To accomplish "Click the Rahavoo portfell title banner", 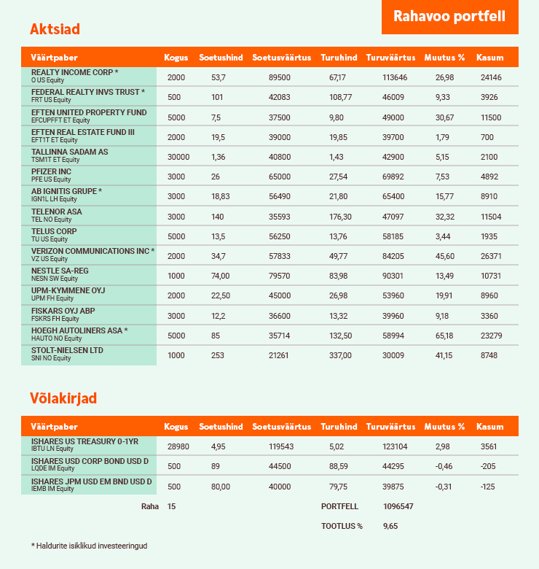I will point(449,16).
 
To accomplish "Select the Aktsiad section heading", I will point(55,29).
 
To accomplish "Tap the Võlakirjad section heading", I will point(63,398).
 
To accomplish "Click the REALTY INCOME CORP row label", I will point(74,73).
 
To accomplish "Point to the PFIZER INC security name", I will point(51,172).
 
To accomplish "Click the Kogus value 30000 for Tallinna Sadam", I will point(178,157).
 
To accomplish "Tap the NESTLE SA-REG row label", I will point(60,271).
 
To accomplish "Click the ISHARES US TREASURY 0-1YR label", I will point(84,442).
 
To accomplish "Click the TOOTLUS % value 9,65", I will point(390,525).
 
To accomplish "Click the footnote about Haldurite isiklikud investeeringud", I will point(89,546).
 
